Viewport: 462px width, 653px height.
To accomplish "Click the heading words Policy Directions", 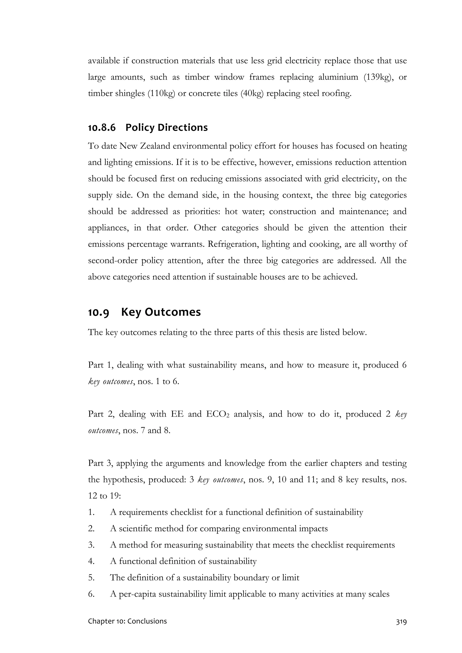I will pos(166,128).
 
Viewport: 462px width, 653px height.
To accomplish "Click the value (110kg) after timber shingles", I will pos(161,94).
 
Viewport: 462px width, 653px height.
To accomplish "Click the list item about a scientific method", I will pos(219,529).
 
